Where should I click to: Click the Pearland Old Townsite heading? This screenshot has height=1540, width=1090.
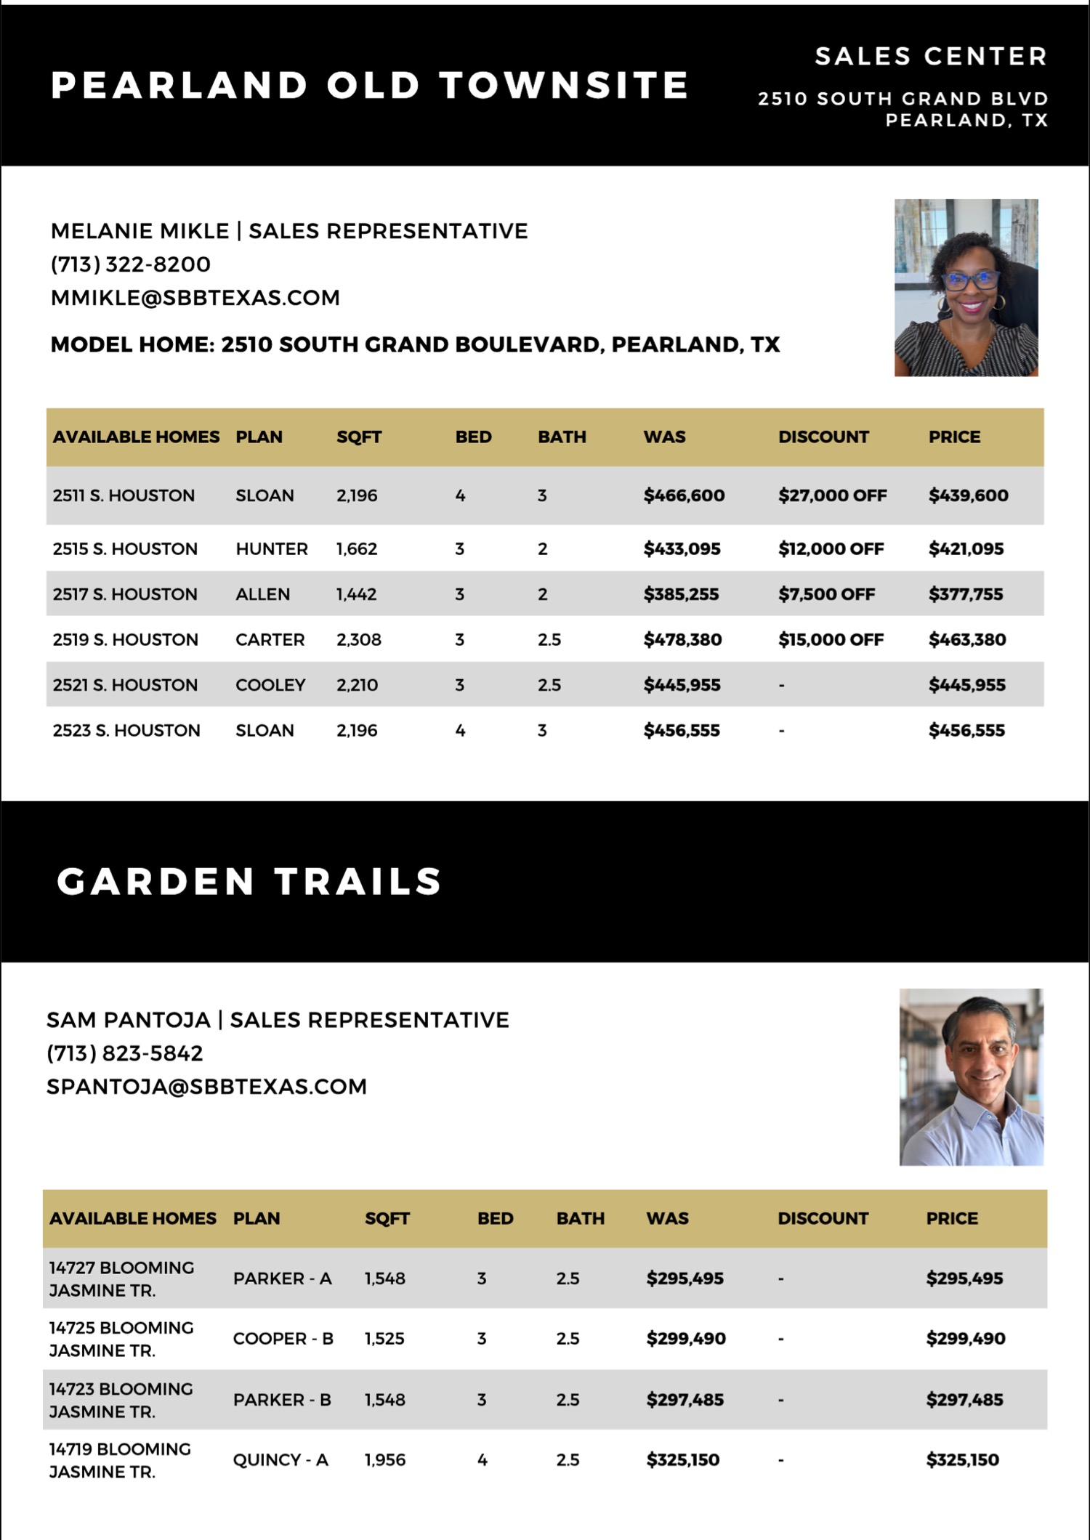[x=369, y=86]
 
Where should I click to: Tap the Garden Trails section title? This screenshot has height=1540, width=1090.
[x=249, y=882]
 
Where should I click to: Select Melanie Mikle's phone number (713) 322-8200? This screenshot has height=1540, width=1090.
[x=131, y=264]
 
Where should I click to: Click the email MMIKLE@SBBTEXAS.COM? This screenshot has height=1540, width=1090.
[x=195, y=298]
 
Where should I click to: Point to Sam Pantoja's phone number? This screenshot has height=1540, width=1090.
[x=125, y=1053]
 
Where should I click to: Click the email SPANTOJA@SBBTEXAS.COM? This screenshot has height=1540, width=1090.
[x=206, y=1087]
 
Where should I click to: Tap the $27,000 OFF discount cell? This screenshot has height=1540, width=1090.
[x=832, y=495]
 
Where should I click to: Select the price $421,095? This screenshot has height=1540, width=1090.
[x=966, y=548]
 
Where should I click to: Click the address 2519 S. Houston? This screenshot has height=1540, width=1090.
[x=125, y=639]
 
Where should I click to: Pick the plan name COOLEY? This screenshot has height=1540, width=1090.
[x=270, y=685]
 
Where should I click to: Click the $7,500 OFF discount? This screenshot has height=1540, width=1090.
[x=826, y=594]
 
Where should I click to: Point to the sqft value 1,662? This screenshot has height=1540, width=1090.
[x=357, y=548]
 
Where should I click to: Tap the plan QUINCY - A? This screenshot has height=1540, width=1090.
[x=280, y=1459]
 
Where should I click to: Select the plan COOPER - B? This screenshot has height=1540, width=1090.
[x=283, y=1338]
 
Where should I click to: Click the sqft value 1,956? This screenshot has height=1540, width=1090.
[x=385, y=1459]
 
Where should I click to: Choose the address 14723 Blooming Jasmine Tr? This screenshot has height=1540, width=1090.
[x=121, y=1400]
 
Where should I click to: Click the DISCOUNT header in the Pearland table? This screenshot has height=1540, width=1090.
[x=823, y=437]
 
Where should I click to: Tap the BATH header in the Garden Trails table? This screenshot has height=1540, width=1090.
[x=580, y=1218]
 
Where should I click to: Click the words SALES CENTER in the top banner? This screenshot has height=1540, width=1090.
[x=930, y=56]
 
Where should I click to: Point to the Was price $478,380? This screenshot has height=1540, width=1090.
[x=682, y=639]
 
